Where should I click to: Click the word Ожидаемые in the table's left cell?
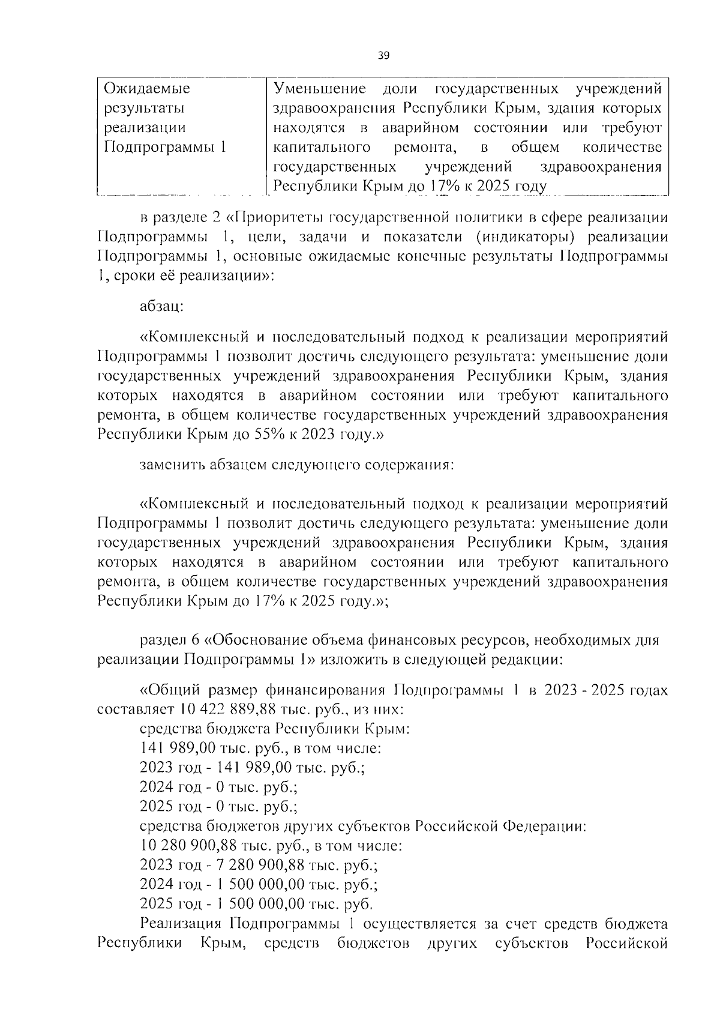(147, 89)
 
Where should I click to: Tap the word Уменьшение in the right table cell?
(320, 89)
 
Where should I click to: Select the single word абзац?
(161, 306)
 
